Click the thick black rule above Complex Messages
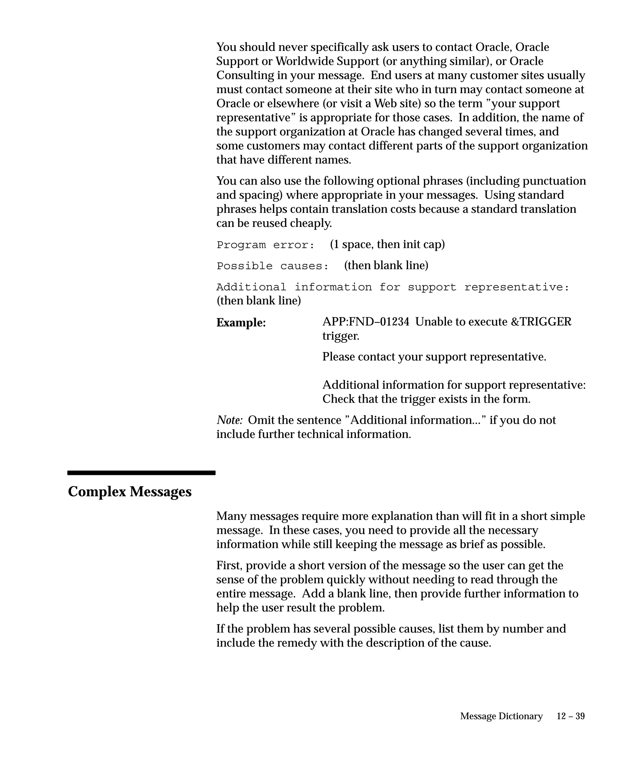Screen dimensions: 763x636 point(141,473)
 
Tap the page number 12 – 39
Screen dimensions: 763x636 point(570,716)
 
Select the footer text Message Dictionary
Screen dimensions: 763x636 point(501,716)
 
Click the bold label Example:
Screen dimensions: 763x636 point(241,323)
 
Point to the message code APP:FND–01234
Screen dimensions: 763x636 point(366,322)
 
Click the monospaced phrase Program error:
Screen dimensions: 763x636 point(265,245)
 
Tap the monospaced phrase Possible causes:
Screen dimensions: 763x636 point(273,266)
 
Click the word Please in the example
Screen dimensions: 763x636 point(338,357)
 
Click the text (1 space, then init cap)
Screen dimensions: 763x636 point(387,245)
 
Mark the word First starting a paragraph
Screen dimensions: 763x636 point(229,566)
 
